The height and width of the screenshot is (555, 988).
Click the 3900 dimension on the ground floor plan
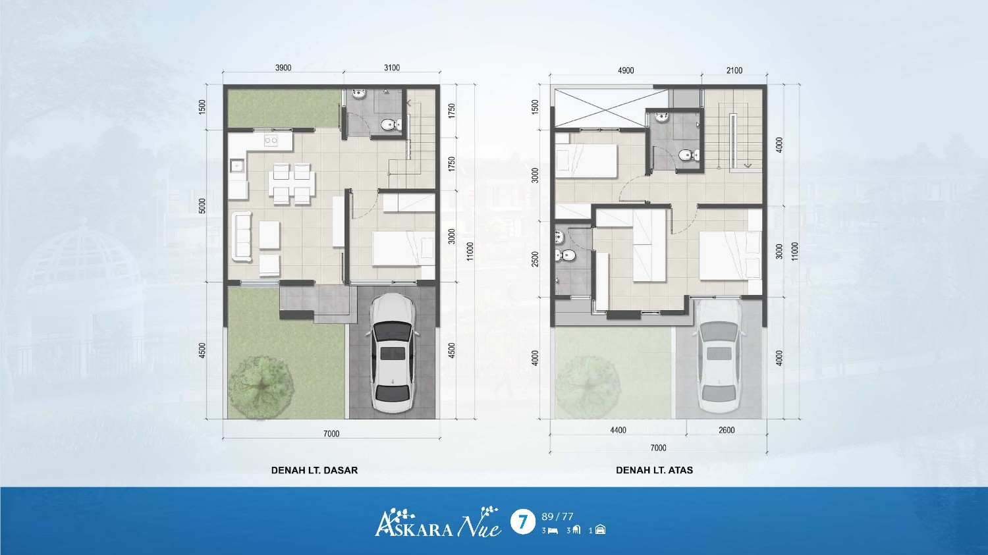(x=283, y=67)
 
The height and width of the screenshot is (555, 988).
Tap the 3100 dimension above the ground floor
(x=392, y=67)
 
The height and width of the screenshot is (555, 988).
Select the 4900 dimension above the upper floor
(x=626, y=70)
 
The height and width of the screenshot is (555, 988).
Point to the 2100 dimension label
(x=734, y=70)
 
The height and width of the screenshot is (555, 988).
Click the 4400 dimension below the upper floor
(x=618, y=431)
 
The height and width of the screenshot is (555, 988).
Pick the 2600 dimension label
(x=727, y=431)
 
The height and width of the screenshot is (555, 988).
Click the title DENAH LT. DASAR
(x=314, y=470)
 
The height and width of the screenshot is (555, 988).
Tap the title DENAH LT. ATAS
(x=654, y=470)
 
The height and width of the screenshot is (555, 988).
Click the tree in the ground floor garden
(x=261, y=388)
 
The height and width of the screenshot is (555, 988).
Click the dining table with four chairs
(x=292, y=184)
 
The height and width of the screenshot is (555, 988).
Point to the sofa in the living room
(x=242, y=237)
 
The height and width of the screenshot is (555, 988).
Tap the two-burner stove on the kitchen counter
(x=270, y=141)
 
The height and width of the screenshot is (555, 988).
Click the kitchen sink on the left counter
(x=237, y=166)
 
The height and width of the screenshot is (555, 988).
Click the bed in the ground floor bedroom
(x=404, y=249)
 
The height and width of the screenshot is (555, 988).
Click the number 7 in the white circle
(x=523, y=522)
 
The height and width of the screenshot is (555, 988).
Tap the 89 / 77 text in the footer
(x=557, y=517)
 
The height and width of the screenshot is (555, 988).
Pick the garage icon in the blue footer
(x=600, y=530)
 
